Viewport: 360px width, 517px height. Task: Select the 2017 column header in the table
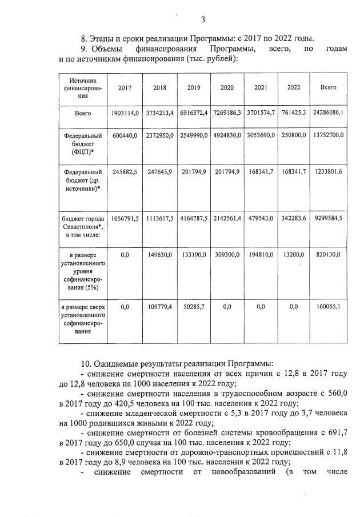(125, 88)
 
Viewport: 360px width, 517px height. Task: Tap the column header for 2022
(294, 88)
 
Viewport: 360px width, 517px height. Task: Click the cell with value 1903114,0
(125, 113)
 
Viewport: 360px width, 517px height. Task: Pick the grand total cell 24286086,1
(328, 113)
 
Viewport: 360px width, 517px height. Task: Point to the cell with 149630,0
(159, 255)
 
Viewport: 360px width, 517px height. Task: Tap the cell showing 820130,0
(328, 255)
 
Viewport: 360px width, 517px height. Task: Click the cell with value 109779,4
(159, 307)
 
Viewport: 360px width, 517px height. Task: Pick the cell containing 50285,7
(194, 307)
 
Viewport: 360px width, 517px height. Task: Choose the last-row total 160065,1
(328, 307)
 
